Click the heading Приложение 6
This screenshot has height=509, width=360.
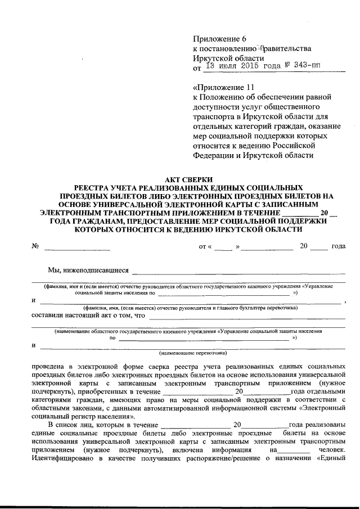pos(220,39)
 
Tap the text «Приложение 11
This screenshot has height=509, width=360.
pos(224,87)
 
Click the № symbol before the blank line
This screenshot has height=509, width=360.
pos(35,246)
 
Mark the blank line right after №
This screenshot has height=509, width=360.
pos(77,247)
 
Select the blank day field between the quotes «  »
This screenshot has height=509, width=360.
pos(223,247)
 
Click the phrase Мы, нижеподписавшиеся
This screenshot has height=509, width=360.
pos(88,271)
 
